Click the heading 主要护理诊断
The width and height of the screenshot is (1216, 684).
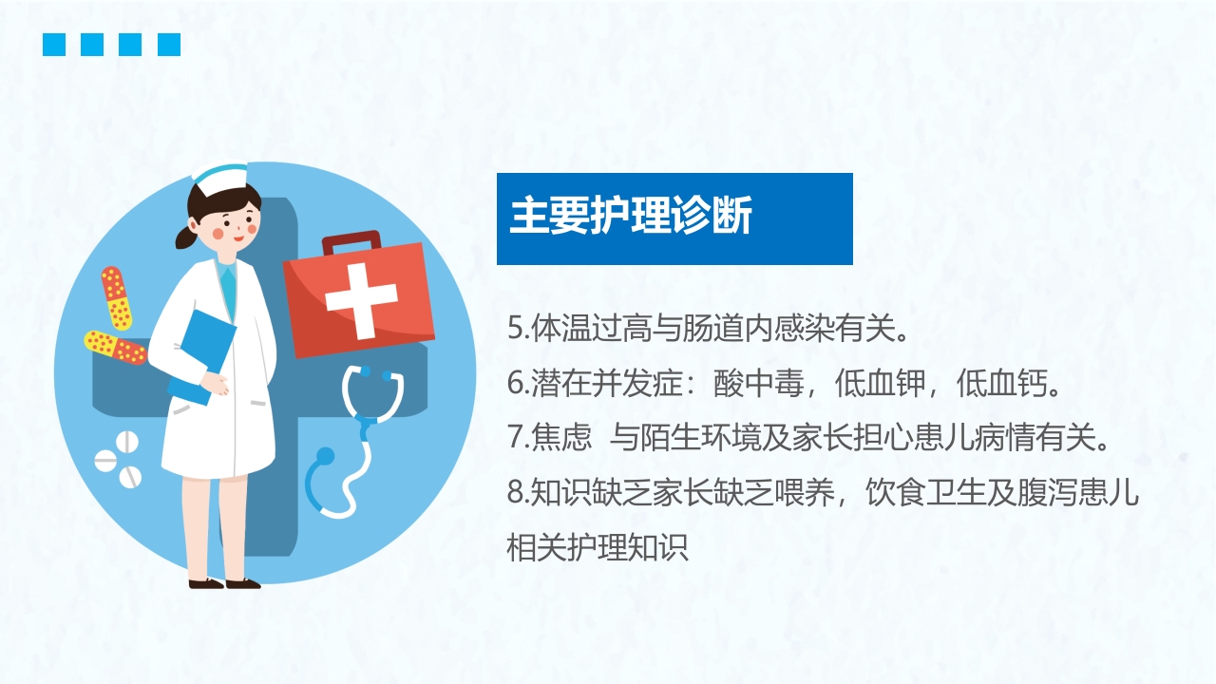pyautogui.click(x=631, y=217)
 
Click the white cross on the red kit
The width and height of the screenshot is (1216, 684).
pyautogui.click(x=361, y=297)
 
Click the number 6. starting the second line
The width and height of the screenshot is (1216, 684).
pyautogui.click(x=518, y=384)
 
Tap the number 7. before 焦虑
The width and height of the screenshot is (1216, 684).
pyautogui.click(x=518, y=438)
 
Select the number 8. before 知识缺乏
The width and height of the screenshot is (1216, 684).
pyautogui.click(x=518, y=493)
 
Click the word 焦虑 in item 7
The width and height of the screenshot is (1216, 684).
pyautogui.click(x=556, y=438)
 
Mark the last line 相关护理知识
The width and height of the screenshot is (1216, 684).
pyautogui.click(x=598, y=548)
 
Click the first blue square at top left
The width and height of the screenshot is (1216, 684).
pyautogui.click(x=54, y=45)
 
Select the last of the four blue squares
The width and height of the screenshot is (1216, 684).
pyautogui.click(x=168, y=45)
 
